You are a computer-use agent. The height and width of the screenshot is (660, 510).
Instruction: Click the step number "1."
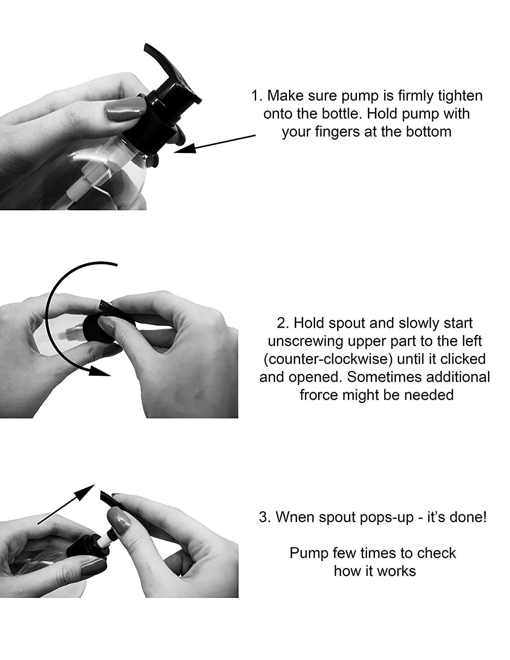point(257,95)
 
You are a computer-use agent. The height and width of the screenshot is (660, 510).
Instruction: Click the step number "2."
point(283,323)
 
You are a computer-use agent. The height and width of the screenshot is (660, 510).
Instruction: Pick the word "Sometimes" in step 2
point(385,377)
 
